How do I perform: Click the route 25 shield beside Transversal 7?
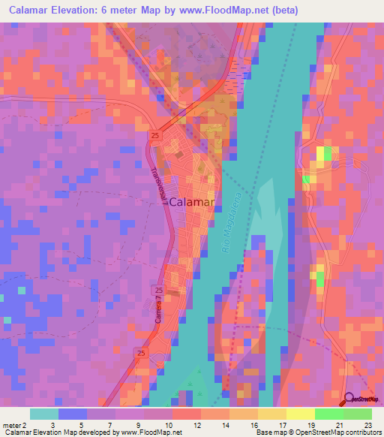tap(154, 135)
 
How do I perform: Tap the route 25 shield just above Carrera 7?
tap(157, 290)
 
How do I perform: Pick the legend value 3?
tap(52, 424)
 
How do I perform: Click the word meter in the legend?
tap(13, 424)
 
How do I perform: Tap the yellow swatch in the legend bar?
tap(300, 414)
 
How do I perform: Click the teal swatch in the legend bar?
tap(44, 414)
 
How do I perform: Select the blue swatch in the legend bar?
tap(73, 414)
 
